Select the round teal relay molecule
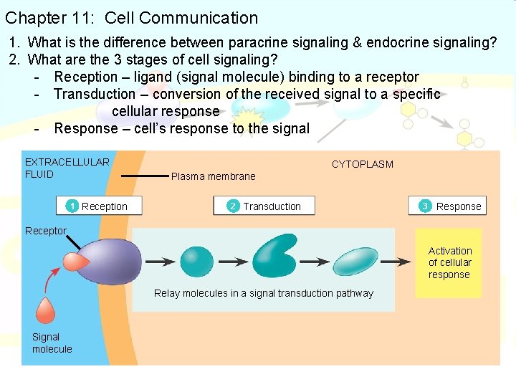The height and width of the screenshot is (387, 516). (196, 262)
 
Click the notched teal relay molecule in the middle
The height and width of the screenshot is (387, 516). (274, 256)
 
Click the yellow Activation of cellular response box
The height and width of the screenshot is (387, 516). (449, 262)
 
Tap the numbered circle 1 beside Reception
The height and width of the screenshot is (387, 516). (72, 206)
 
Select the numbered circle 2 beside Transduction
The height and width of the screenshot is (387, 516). (233, 206)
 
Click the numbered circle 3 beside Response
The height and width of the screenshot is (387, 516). (425, 206)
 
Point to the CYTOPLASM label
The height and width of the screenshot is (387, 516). (362, 164)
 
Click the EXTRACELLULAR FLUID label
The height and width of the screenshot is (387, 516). (67, 168)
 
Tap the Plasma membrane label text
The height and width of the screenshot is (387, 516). (213, 176)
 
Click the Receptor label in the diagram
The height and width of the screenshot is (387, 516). (45, 231)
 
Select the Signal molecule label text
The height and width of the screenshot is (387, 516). (52, 343)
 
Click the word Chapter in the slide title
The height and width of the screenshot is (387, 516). (34, 18)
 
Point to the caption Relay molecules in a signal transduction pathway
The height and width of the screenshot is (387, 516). (264, 293)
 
